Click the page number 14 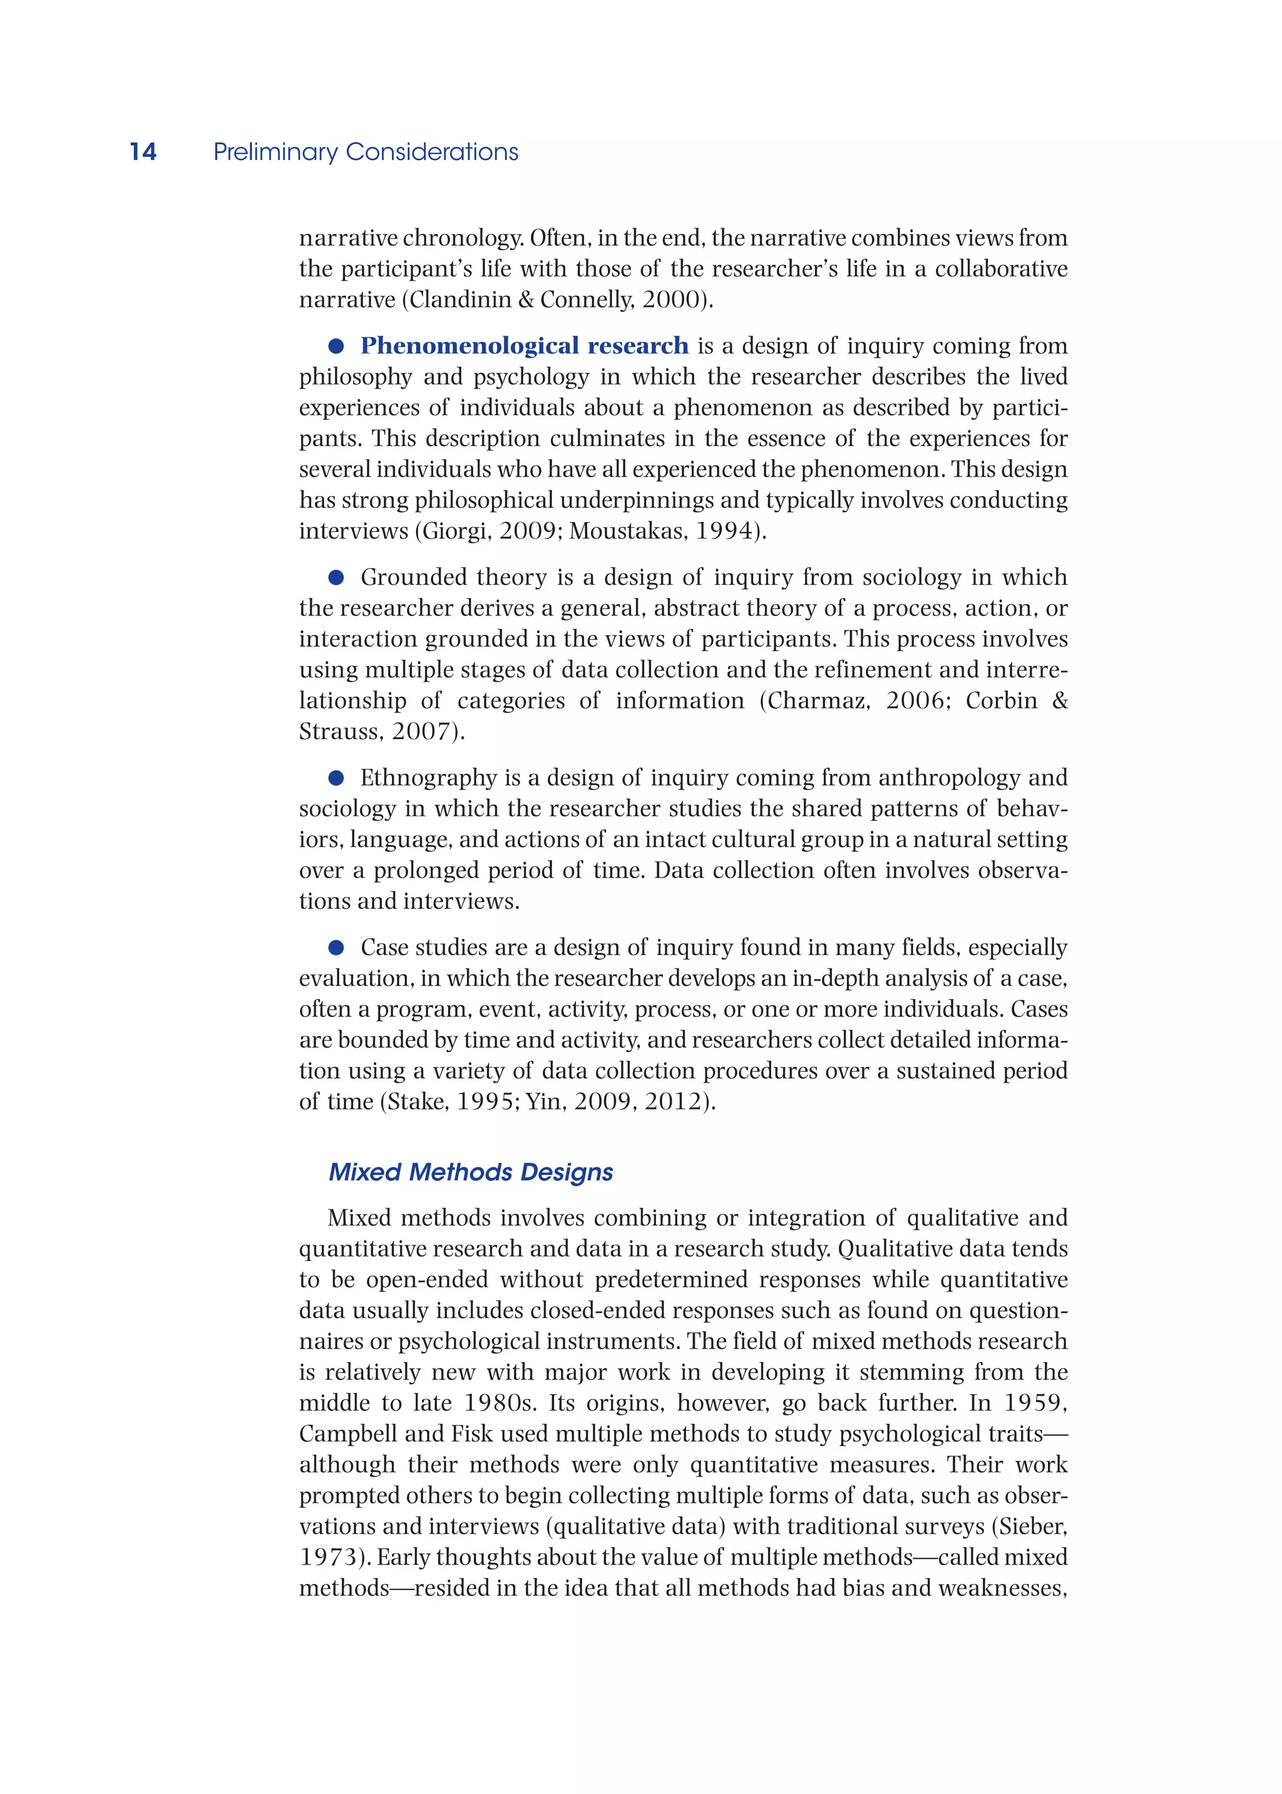coord(143,151)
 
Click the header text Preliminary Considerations coord(366,151)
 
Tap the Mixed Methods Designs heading coord(471,1172)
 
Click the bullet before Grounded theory coord(336,577)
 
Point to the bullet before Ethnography coord(336,778)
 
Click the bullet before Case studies coord(336,948)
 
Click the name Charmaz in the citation coord(818,701)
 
